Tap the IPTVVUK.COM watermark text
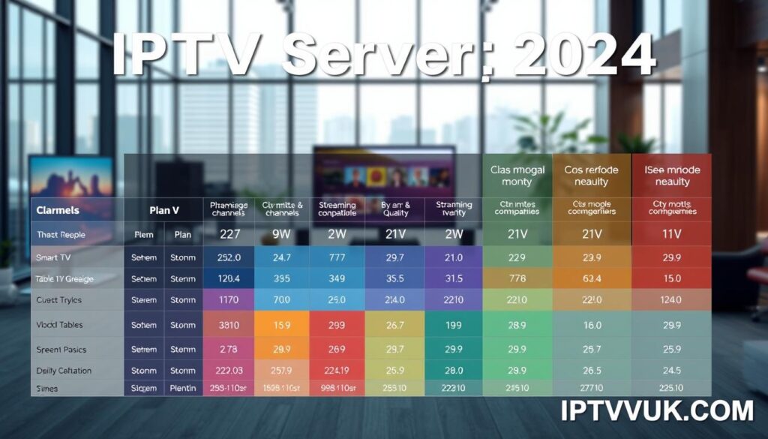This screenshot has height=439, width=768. pos(656,411)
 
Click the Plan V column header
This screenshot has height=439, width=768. pos(163,211)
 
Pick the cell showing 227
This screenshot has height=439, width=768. pos(229,234)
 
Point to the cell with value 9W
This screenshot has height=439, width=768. pos(281,234)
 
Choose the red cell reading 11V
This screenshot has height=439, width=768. pos(672,234)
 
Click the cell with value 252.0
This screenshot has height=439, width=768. pos(229,257)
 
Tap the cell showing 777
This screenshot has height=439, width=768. pos(337,257)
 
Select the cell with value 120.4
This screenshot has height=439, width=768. pos(229,278)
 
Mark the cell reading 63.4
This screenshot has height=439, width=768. pos(592,278)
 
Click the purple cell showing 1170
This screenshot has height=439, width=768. pos(229,300)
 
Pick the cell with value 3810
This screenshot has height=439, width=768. pos(229,325)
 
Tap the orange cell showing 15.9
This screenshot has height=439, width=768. pos(282,325)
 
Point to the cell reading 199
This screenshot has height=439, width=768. pos(453,325)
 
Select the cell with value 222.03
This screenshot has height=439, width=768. pos(229,371)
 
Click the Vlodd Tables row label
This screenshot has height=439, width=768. pos(59,325)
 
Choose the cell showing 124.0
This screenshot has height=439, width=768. pos(672,300)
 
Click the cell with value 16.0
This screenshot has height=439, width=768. pos(592,325)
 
